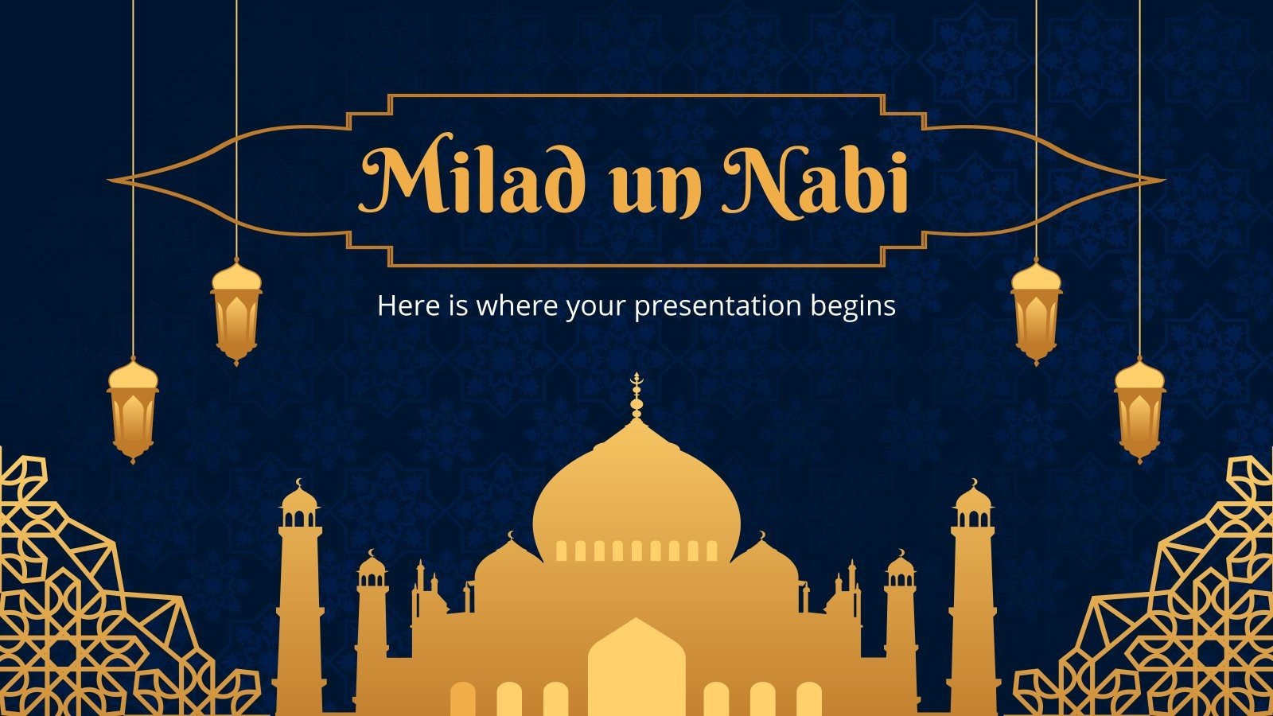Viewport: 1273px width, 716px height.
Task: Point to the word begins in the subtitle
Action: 853,306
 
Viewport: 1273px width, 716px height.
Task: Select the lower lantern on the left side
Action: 133,409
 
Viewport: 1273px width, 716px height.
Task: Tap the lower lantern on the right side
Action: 1140,409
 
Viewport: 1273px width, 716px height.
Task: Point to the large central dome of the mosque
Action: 636,493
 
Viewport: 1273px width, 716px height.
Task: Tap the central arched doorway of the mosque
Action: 636,668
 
